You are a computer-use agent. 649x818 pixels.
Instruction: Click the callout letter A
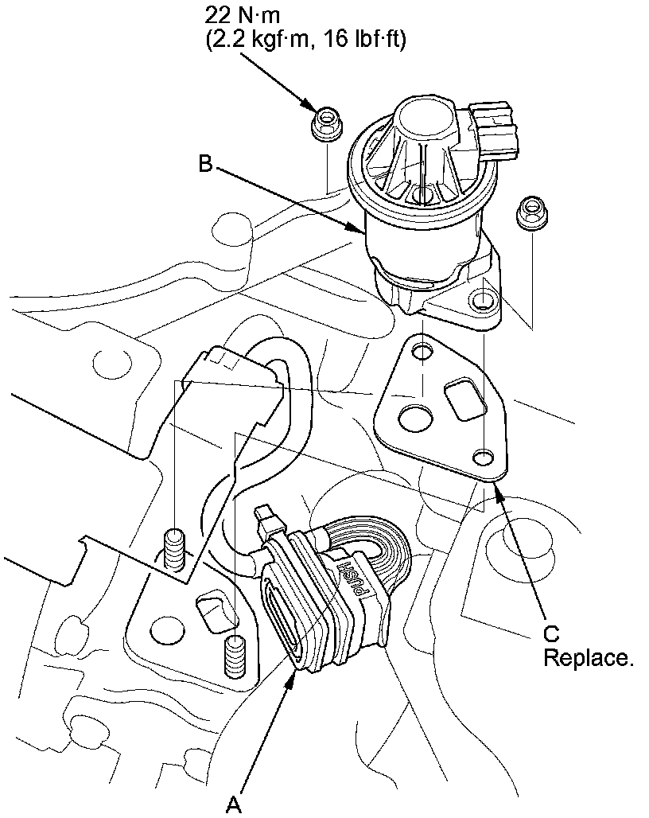click(233, 806)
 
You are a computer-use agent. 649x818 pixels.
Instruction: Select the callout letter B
click(205, 165)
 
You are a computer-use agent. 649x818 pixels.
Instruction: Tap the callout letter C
click(551, 633)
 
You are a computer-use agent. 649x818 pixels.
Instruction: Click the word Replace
click(589, 659)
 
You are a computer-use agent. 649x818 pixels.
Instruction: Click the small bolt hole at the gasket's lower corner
click(482, 458)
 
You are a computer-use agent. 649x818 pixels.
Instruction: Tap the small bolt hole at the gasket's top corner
click(421, 351)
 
